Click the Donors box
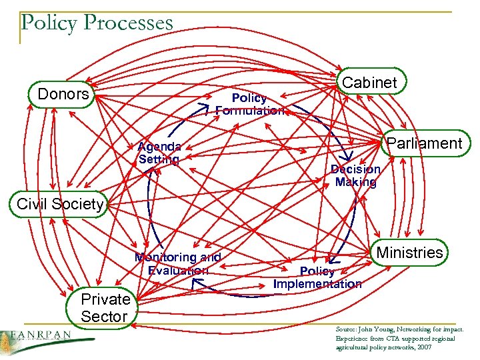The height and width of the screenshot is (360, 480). point(63,95)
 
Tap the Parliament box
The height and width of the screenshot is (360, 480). point(424,143)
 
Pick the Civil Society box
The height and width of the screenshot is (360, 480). point(60,204)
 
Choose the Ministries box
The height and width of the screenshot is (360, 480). point(409,253)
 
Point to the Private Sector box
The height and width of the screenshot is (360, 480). point(105,308)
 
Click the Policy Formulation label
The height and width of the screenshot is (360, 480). point(249,104)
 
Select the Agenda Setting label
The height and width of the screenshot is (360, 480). point(159,153)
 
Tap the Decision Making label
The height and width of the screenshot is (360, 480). point(355,175)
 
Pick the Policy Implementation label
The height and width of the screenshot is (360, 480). point(317,277)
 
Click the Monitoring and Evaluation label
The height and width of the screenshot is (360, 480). point(178,263)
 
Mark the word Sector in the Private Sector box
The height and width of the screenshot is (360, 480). point(104,317)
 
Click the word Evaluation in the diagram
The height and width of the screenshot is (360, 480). point(178,270)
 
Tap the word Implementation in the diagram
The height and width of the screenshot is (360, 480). point(317,283)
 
